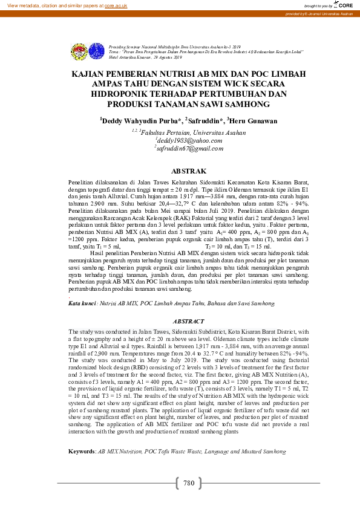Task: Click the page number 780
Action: click(x=188, y=483)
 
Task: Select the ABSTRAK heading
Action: click(x=189, y=171)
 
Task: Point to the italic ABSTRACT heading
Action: click(x=189, y=322)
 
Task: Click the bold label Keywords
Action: click(x=82, y=451)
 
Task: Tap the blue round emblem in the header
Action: click(x=96, y=50)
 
